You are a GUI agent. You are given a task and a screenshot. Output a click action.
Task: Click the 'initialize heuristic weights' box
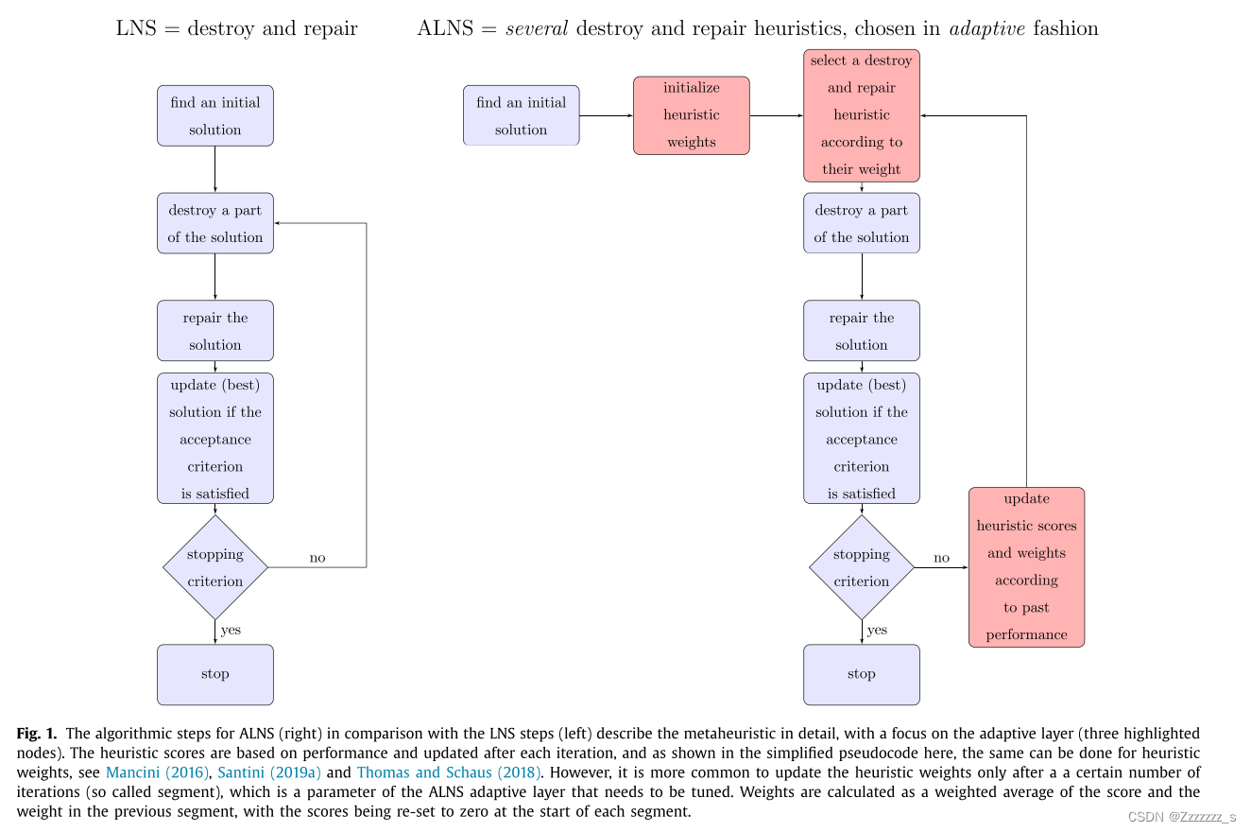tap(691, 115)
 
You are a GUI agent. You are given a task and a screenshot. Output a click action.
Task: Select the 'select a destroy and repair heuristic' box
tap(861, 115)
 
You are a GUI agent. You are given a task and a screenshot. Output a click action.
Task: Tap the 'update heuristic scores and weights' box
tap(1026, 567)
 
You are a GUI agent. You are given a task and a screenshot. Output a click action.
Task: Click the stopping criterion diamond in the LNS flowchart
tap(215, 567)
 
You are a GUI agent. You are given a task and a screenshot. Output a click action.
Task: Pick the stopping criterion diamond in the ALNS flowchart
tap(861, 567)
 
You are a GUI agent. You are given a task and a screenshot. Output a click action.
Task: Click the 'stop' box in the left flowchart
tap(215, 674)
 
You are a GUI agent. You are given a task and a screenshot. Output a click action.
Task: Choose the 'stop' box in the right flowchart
tap(861, 674)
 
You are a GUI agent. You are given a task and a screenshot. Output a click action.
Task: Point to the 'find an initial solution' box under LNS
tap(215, 115)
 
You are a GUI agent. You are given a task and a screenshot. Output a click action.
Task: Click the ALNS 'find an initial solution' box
tap(521, 115)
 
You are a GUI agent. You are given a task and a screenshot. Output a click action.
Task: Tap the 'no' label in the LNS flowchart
tap(317, 558)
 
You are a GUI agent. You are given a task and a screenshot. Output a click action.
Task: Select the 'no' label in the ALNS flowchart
tap(941, 558)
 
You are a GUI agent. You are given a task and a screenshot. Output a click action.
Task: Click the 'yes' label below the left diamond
tap(231, 630)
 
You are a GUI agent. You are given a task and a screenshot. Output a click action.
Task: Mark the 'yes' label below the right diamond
tap(877, 630)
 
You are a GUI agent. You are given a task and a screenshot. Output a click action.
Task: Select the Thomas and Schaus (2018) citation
tap(449, 772)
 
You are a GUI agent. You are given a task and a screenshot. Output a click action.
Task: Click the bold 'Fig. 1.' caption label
tap(37, 734)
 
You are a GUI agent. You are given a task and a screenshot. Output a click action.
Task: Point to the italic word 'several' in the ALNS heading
tap(537, 28)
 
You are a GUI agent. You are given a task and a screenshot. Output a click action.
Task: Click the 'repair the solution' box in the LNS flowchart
tap(215, 331)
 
